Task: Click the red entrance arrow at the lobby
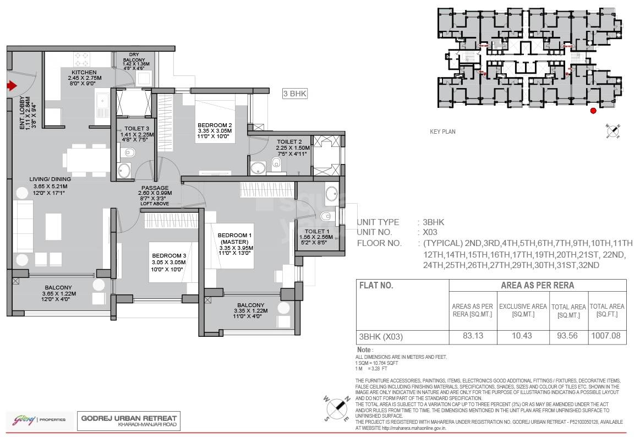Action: pyautogui.click(x=12, y=85)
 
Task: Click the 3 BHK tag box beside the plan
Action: pyautogui.click(x=294, y=94)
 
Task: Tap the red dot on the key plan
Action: pyautogui.click(x=593, y=111)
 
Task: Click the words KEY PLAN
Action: pyautogui.click(x=442, y=132)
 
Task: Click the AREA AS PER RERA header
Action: pyautogui.click(x=537, y=285)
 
